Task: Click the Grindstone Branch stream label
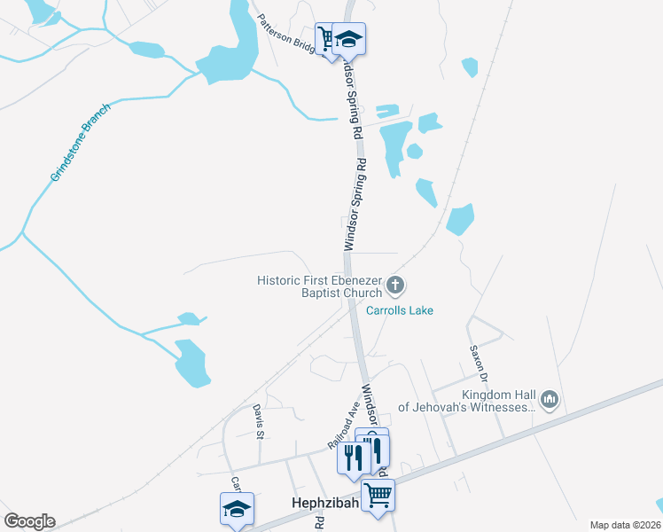[81, 143]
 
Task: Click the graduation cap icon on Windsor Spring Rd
[349, 39]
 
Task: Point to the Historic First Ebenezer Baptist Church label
[319, 286]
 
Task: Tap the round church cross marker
[395, 286]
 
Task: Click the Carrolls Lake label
[399, 311]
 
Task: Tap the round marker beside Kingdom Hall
[550, 401]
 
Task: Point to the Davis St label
[259, 421]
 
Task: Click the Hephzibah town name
[324, 502]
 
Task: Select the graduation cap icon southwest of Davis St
[237, 509]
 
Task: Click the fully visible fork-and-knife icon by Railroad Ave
[353, 457]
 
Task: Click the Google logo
[29, 521]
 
